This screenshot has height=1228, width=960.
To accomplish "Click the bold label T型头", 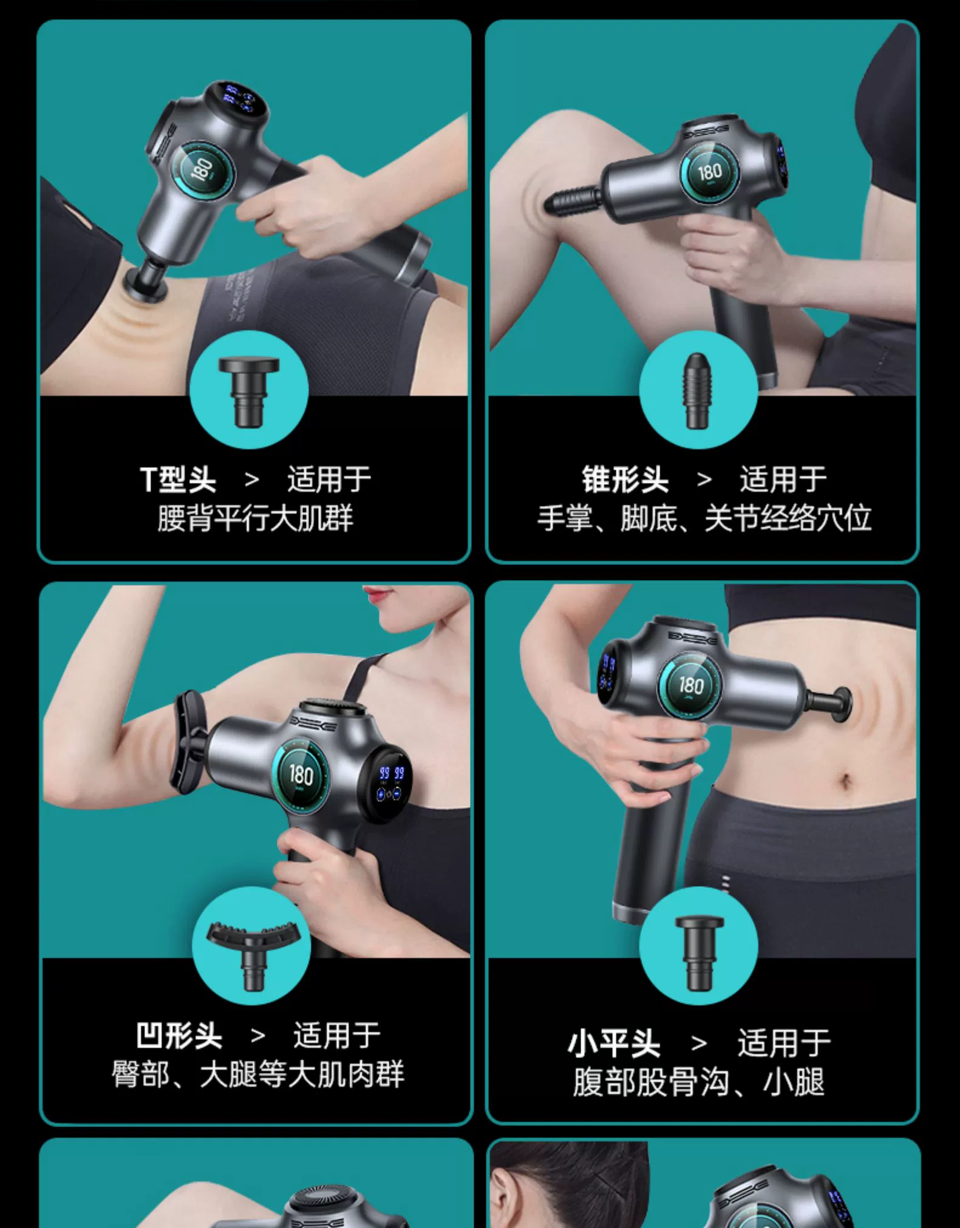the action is pyautogui.click(x=178, y=480).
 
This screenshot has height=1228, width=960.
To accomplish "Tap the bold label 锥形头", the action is pyautogui.click(x=625, y=480).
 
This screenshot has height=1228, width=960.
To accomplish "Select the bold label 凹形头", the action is pyautogui.click(x=179, y=1036).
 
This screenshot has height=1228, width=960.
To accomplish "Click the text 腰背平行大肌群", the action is pyautogui.click(x=255, y=518).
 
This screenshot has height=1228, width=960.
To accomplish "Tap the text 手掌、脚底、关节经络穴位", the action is pyautogui.click(x=704, y=518).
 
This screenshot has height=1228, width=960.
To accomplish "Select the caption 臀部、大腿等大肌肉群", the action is pyautogui.click(x=257, y=1074).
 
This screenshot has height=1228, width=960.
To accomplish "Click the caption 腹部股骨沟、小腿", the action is pyautogui.click(x=699, y=1082).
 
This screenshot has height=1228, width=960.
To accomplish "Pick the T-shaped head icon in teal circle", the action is pyautogui.click(x=249, y=390).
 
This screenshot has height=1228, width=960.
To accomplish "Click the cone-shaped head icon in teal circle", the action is pyautogui.click(x=698, y=390).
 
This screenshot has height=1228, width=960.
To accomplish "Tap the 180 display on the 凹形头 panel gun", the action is pyautogui.click(x=301, y=775).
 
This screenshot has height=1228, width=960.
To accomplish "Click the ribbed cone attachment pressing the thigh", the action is pyautogui.click(x=573, y=200).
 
